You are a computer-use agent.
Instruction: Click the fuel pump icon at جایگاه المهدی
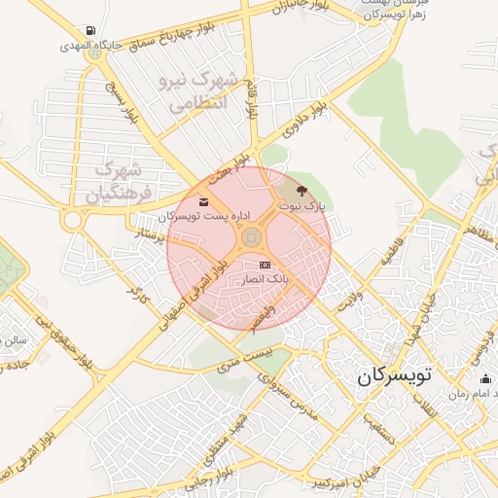(x=90, y=31)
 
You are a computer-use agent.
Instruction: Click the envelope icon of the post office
(x=203, y=201)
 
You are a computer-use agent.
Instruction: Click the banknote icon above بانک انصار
(x=265, y=265)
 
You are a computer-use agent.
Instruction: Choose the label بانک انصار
(x=264, y=279)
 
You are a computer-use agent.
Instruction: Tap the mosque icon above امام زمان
(x=485, y=379)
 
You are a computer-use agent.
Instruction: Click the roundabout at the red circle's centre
(x=250, y=236)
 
